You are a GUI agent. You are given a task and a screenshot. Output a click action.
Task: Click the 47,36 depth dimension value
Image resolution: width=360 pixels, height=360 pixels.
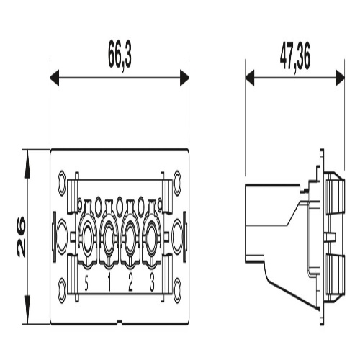(295, 57)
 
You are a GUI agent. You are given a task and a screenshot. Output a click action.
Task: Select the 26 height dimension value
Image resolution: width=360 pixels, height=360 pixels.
(22, 236)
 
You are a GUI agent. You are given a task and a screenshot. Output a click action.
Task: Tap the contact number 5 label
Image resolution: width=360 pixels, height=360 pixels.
(86, 284)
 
